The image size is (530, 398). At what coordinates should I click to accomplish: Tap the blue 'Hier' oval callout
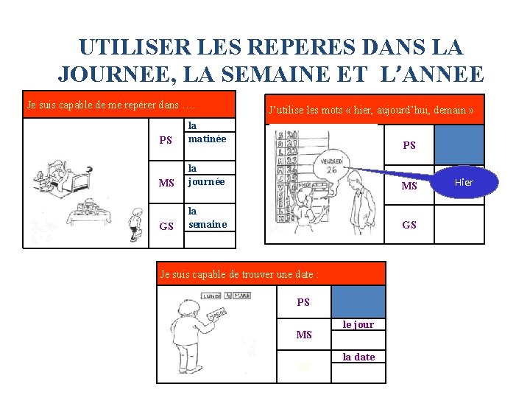(464, 183)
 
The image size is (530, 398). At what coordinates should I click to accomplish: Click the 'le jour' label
(358, 325)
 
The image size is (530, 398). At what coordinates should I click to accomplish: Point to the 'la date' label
(358, 357)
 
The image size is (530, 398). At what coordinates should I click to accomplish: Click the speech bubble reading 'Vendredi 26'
(333, 164)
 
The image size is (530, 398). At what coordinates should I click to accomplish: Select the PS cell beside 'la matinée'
(166, 140)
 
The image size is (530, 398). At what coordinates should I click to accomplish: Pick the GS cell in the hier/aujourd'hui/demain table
(409, 225)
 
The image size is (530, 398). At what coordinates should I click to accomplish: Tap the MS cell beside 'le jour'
(303, 335)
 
